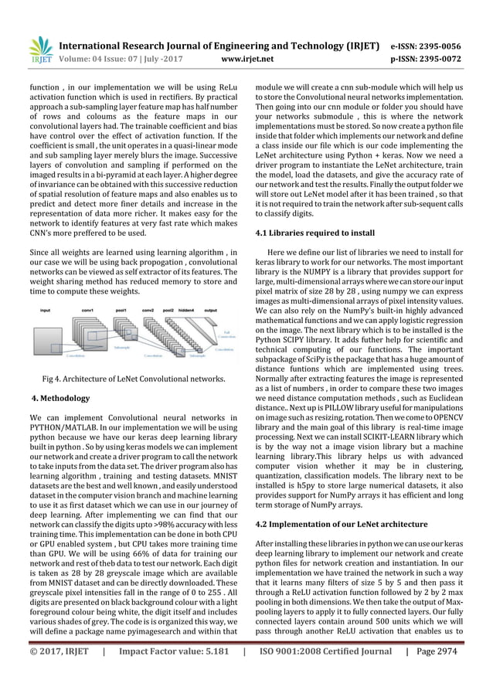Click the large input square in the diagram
point(50,334)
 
